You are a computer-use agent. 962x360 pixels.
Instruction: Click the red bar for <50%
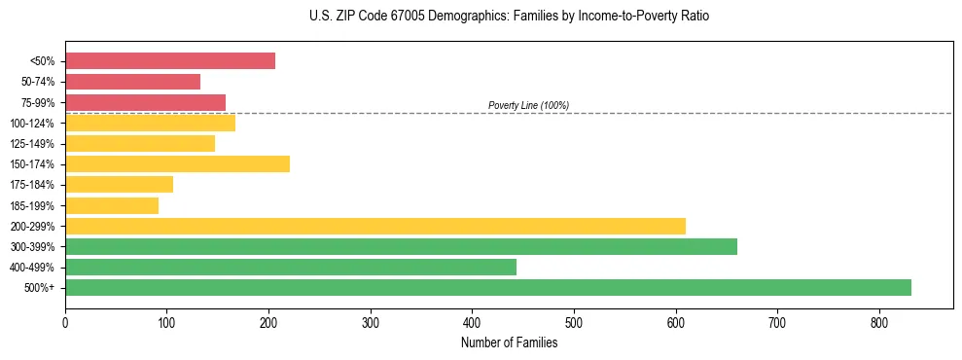pyautogui.click(x=170, y=61)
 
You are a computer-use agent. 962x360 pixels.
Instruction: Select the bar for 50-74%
pyautogui.click(x=132, y=82)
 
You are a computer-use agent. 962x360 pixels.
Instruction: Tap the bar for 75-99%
pyautogui.click(x=145, y=102)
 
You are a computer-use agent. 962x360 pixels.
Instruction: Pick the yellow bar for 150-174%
pyautogui.click(x=177, y=163)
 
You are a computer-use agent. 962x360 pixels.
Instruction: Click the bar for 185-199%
pyautogui.click(x=112, y=205)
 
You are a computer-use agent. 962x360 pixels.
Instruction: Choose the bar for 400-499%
pyautogui.click(x=291, y=267)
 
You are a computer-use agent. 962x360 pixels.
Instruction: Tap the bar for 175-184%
pyautogui.click(x=119, y=185)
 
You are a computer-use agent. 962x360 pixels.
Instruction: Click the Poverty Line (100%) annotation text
pyautogui.click(x=528, y=105)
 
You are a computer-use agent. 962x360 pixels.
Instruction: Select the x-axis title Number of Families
pyautogui.click(x=509, y=342)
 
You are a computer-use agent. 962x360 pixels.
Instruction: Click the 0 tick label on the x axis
pyautogui.click(x=65, y=322)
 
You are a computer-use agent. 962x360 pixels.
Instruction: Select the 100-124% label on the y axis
pyautogui.click(x=33, y=124)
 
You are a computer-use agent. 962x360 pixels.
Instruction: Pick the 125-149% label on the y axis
pyautogui.click(x=33, y=144)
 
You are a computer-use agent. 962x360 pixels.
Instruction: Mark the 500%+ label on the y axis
pyautogui.click(x=40, y=287)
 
